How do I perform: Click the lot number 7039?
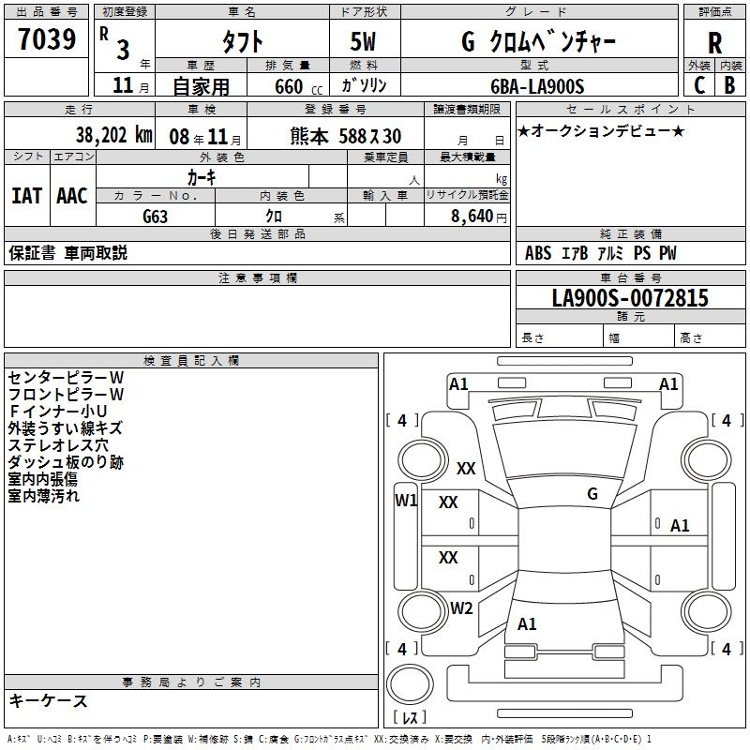point(48,41)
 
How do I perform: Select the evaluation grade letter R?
point(714,43)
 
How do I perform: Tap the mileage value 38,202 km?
point(113,135)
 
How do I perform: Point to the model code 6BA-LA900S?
point(537,86)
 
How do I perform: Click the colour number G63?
point(156,215)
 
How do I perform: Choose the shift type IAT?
point(26,195)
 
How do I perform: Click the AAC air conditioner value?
point(71,195)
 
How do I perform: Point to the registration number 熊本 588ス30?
point(346,136)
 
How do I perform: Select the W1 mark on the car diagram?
point(406,501)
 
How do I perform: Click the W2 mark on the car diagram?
point(461,608)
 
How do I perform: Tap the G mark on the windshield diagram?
point(592,494)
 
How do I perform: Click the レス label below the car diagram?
point(410,718)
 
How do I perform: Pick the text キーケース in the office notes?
point(48,701)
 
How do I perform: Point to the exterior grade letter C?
point(698,85)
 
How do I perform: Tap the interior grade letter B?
point(729,85)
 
